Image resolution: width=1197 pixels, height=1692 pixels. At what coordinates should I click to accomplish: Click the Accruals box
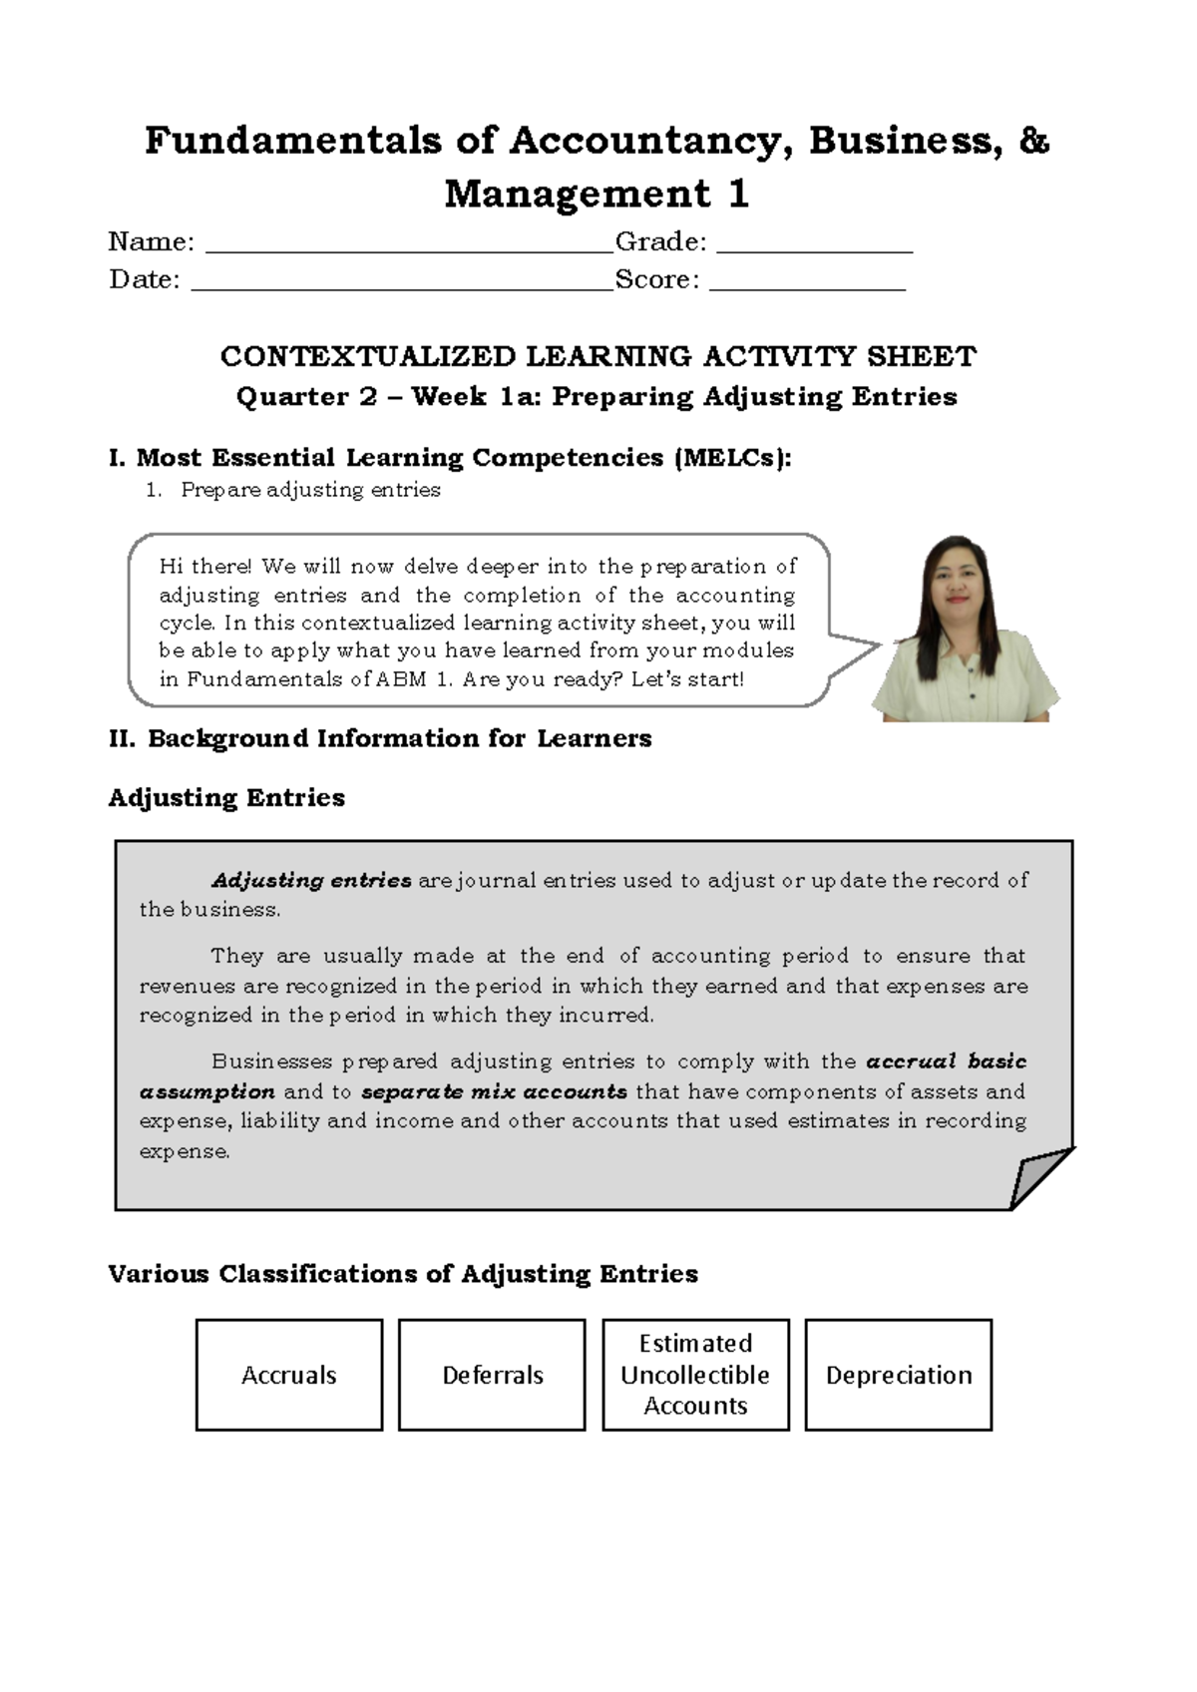click(x=289, y=1375)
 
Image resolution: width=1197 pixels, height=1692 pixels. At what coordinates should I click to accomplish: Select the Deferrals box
click(x=492, y=1375)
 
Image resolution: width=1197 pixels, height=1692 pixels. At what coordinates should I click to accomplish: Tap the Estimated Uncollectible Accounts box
click(x=695, y=1375)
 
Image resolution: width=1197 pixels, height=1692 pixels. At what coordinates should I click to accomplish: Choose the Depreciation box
click(x=899, y=1375)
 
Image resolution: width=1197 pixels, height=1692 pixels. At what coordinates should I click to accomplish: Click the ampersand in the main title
click(x=1034, y=141)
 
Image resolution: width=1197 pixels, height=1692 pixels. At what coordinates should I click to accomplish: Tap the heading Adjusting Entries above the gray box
click(x=226, y=798)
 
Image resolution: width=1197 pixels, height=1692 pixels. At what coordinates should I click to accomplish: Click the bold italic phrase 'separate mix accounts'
click(x=494, y=1091)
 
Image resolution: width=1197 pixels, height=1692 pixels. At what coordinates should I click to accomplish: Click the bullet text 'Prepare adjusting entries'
click(x=310, y=490)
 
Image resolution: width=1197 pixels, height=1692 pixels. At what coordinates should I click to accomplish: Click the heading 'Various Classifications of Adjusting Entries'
click(x=403, y=1274)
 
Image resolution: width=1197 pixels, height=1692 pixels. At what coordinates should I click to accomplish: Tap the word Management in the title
click(x=578, y=194)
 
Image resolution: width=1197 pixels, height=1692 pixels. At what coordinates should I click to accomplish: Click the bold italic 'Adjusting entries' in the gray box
click(x=311, y=881)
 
